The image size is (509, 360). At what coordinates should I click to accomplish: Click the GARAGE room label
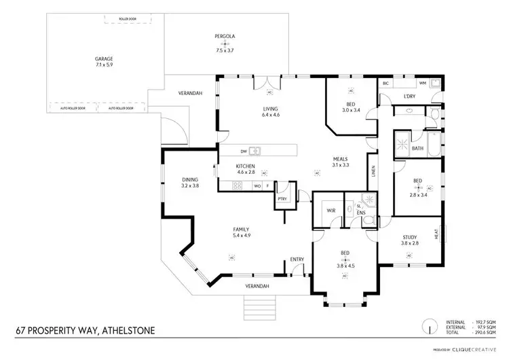click(104, 59)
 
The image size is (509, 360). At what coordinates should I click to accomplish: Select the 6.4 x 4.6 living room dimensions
click(271, 115)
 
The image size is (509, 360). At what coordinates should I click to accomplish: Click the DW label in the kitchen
click(243, 151)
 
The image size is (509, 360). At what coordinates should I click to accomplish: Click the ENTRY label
click(297, 259)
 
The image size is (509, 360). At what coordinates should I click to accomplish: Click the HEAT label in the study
click(445, 233)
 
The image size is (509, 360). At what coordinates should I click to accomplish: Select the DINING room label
click(189, 179)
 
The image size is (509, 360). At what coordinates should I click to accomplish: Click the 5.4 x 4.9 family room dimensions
click(242, 236)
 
